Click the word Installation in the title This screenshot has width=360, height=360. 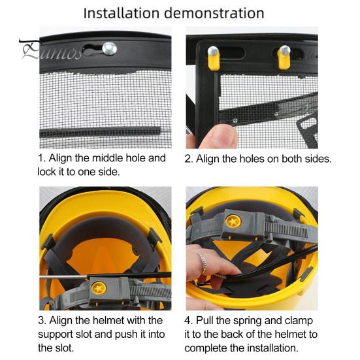[122, 13]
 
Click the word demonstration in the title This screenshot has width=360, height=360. [214, 13]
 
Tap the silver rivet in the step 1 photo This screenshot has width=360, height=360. [110, 48]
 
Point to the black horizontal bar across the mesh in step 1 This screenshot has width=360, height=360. [101, 132]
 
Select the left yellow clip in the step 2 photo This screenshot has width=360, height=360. [214, 58]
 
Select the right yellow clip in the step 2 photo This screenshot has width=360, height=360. [284, 58]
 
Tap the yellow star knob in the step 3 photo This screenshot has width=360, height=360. [99, 288]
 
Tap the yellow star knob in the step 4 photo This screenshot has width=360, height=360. [233, 221]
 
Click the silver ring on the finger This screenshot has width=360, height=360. [203, 263]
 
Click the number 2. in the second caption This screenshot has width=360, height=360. [189, 159]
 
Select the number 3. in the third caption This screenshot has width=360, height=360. [42, 321]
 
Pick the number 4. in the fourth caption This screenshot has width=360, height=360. [189, 321]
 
